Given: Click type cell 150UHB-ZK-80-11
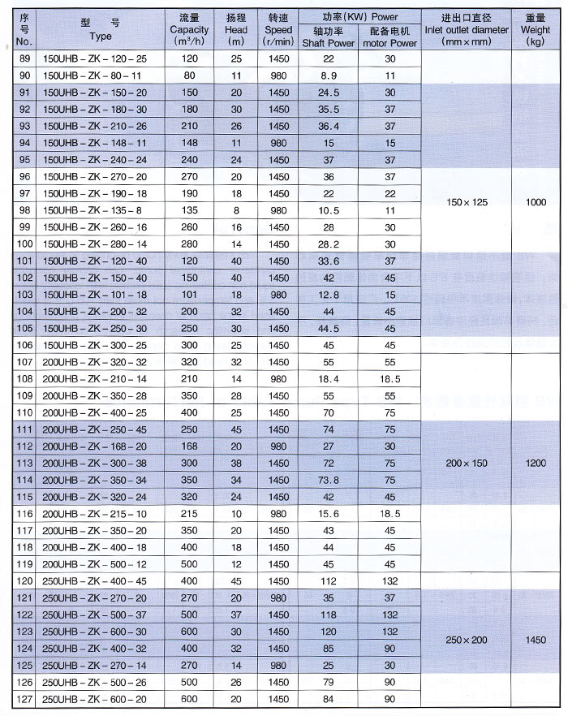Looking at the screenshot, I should pos(91,75).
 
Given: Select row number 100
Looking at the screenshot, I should pos(24,243).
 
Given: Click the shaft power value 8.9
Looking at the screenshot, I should pos(328,75).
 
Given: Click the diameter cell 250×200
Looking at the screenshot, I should pos(467,640).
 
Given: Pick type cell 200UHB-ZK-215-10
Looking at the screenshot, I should pos(92,514).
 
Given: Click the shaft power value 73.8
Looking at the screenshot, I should pos(328,481).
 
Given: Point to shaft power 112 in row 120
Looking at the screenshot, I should pos(328,580).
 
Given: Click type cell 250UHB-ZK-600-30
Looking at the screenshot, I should pos(92,632).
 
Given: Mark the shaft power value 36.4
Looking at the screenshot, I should pos(328,126).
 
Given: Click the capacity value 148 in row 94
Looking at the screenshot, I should pos(190,142).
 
